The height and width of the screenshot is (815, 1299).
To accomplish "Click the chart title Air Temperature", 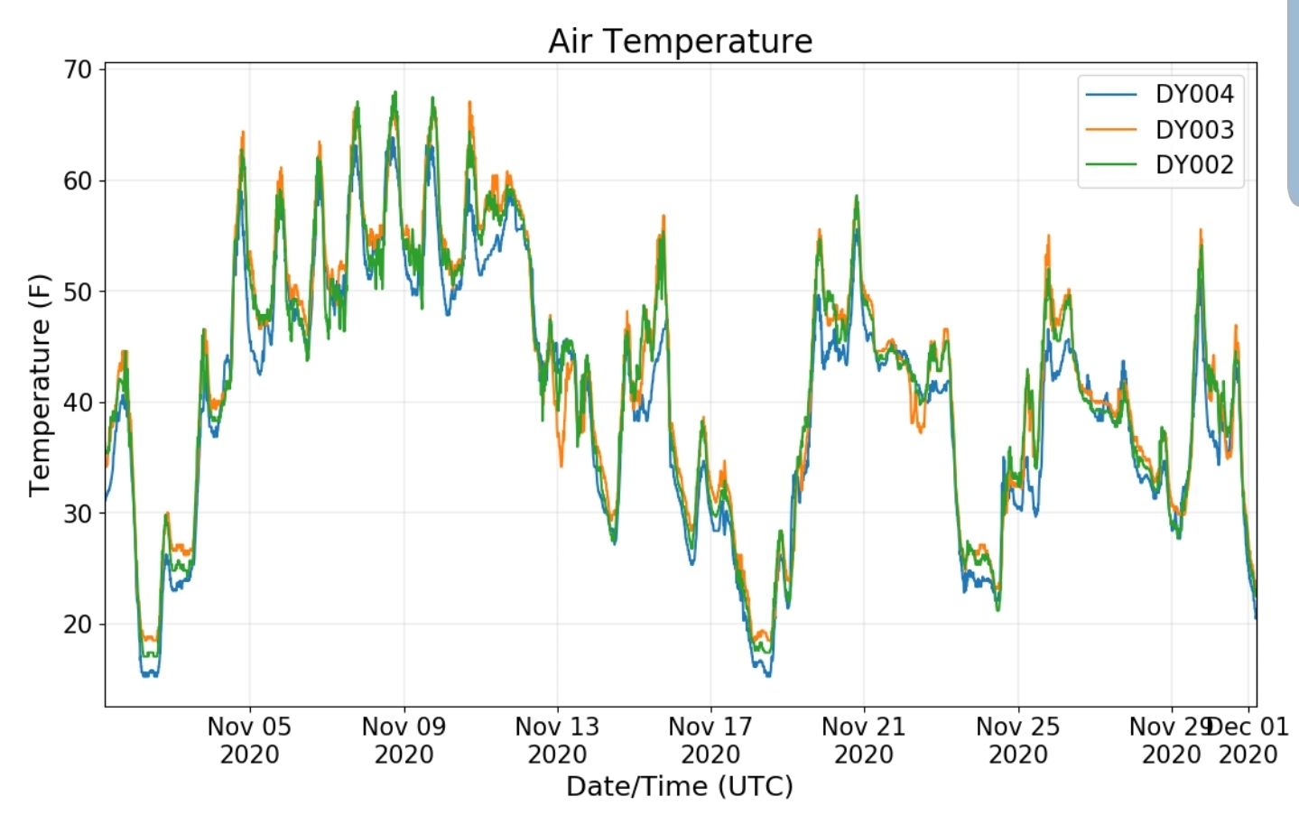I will pos(680,42).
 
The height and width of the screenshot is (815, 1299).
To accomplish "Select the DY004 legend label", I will pos(1193,94).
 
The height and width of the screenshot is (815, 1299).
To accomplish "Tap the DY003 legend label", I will pos(1193,130).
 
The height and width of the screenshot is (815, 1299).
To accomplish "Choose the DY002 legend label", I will pos(1193,165).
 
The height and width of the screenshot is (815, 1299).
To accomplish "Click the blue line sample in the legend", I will pos(1111,94).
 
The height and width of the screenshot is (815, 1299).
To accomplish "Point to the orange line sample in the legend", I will pos(1111,130).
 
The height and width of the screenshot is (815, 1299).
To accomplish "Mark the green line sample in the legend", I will pos(1111,165).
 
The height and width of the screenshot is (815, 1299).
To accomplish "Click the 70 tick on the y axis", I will pos(78,69).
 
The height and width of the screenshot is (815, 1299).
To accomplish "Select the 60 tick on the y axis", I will pos(78,181).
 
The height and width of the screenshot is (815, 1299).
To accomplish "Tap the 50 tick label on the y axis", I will pos(78,292).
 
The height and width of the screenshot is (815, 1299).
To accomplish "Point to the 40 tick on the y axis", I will pos(78,403).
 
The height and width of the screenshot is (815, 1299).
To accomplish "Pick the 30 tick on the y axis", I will pos(78,514).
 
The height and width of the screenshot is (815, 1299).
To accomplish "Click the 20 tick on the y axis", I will pos(78,625).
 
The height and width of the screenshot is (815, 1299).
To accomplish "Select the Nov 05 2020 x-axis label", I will pos(249,740).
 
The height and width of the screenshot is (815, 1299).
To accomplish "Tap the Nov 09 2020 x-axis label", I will pos(404,740).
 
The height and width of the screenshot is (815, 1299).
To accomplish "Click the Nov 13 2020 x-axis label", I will pos(557,740).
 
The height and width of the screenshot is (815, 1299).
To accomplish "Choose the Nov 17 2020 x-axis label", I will pos(710,740).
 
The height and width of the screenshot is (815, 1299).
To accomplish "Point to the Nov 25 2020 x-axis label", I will pos(1017,740).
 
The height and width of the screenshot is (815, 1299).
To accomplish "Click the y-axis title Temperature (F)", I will pos(40,385).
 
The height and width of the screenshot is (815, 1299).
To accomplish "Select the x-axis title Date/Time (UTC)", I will pos(680,787).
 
